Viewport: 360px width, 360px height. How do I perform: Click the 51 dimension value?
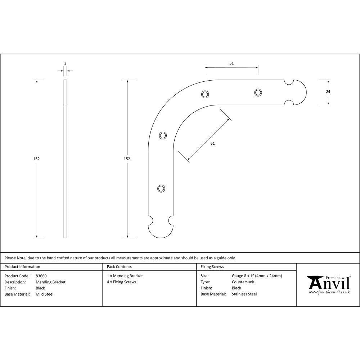(231, 63)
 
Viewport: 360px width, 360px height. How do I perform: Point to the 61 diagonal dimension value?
(212, 143)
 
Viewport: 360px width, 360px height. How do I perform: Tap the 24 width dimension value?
(328, 91)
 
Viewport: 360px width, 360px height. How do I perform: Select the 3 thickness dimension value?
(65, 63)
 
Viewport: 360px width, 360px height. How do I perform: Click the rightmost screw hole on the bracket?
(258, 93)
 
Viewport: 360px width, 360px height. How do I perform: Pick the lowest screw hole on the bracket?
(161, 188)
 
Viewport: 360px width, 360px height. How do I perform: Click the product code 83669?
(41, 276)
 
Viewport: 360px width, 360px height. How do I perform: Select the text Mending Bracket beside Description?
(51, 282)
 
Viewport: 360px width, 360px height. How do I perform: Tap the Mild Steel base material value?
(45, 294)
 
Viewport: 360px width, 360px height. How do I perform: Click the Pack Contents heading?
(119, 267)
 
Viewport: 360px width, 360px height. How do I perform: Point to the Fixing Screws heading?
(212, 267)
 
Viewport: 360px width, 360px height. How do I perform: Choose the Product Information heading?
(22, 267)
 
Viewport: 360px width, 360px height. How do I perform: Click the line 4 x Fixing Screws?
(122, 282)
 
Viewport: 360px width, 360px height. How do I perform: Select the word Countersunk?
(243, 282)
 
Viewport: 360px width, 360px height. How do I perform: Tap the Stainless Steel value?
(244, 294)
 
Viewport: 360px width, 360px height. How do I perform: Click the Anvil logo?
(328, 283)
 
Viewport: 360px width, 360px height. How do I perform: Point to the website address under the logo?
(329, 292)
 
